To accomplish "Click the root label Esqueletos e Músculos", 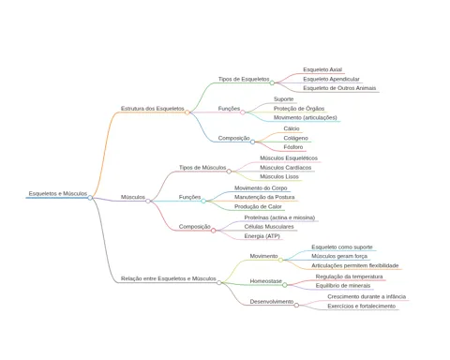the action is (x=58, y=194).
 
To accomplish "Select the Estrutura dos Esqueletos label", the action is (x=153, y=109).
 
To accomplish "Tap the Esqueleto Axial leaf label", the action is (x=322, y=69).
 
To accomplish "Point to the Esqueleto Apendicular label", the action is (x=331, y=79).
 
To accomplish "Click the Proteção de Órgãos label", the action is (x=299, y=109).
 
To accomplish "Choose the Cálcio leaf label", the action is (x=292, y=128).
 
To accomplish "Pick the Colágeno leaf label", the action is (x=295, y=138).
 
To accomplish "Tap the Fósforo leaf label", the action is (x=293, y=147).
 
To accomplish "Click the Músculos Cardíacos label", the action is (x=286, y=168).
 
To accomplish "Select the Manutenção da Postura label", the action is (x=264, y=197).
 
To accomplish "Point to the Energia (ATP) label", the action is (x=262, y=236).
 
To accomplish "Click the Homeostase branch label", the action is (x=265, y=281).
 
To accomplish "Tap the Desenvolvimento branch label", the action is (x=272, y=302).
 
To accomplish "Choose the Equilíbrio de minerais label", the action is (x=343, y=286).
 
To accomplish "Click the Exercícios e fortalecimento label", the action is (x=362, y=307).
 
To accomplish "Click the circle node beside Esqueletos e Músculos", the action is (x=90, y=198).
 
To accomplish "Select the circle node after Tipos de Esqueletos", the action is (x=272, y=82).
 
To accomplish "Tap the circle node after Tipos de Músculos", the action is (x=229, y=172).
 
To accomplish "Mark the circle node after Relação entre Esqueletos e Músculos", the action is (x=219, y=282).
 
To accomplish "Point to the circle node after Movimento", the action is (x=280, y=260).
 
